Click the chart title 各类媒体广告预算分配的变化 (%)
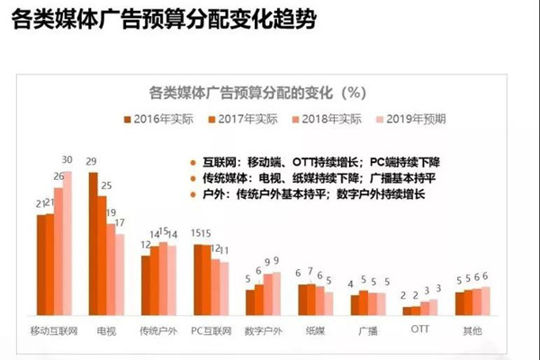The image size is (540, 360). (256, 92)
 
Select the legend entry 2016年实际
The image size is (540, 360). (166, 118)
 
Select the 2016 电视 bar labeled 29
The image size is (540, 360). (93, 243)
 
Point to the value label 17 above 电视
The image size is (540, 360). (120, 222)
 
